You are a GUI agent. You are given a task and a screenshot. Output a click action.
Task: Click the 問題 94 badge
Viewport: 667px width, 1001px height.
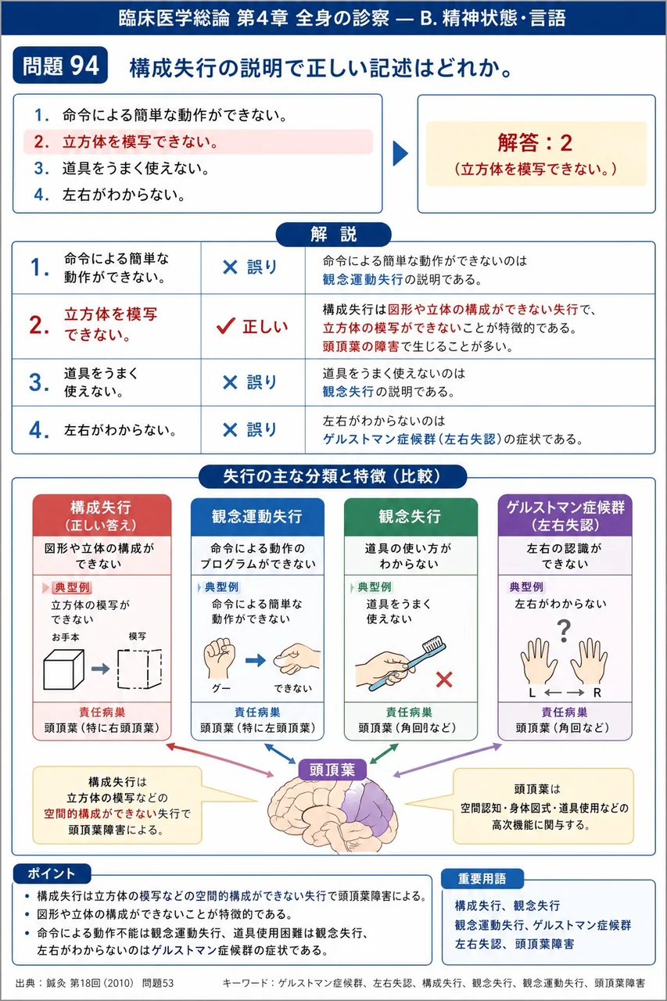click(60, 65)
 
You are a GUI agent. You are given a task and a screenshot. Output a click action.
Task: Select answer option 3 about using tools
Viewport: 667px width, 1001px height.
click(121, 168)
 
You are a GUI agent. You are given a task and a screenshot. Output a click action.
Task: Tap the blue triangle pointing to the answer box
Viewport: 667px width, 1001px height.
click(400, 153)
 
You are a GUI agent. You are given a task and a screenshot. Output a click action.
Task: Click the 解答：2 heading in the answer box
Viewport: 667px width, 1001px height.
click(535, 143)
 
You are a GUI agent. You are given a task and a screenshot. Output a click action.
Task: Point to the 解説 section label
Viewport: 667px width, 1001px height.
click(333, 234)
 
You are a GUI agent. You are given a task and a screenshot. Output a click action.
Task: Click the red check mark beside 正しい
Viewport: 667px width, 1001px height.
click(226, 326)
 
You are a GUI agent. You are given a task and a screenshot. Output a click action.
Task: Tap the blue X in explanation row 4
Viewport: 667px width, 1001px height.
click(230, 430)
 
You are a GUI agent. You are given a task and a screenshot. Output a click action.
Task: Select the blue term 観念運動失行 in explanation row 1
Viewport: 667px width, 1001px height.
click(363, 280)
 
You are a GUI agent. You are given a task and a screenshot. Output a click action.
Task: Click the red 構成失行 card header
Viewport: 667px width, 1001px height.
click(102, 515)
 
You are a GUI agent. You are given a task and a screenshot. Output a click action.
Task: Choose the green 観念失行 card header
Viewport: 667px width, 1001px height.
click(411, 517)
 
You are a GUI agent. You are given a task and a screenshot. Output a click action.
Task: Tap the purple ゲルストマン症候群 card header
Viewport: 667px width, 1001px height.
click(565, 515)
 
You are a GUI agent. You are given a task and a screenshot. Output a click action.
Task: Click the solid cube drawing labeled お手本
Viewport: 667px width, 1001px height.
click(63, 669)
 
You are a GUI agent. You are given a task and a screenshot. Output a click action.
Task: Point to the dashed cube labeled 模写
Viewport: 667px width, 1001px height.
click(139, 669)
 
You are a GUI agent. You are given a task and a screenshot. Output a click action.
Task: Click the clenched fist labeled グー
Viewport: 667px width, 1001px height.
click(220, 658)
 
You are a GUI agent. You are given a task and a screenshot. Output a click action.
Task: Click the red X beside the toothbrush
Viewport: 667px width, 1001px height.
click(444, 680)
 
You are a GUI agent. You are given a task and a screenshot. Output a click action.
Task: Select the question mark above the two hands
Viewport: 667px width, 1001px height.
click(565, 630)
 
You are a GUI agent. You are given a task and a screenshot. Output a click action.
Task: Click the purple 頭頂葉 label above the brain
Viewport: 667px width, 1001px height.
click(332, 770)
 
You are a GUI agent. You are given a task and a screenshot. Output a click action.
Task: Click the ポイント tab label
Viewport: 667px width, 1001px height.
click(52, 874)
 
